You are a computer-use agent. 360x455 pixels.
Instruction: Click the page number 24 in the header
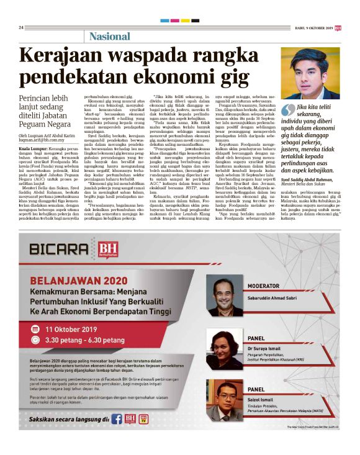21,27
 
